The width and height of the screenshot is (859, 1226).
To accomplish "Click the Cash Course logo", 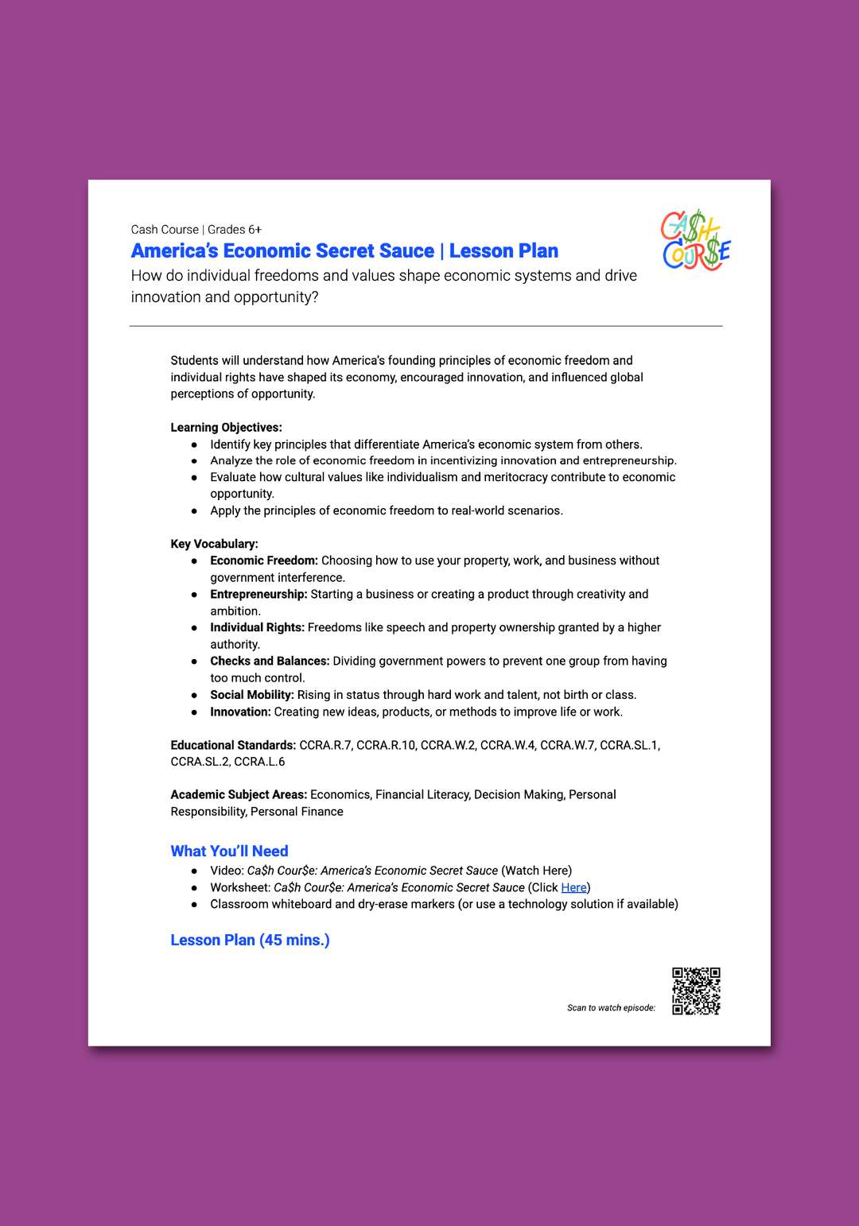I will [695, 240].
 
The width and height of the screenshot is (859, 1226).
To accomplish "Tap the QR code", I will [696, 991].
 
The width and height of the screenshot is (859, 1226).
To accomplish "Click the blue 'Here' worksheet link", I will [573, 887].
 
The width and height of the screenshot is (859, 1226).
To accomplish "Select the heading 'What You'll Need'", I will [229, 851].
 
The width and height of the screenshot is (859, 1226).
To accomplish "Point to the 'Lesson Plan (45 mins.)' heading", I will [250, 940].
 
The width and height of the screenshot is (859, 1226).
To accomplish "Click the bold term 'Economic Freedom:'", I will [263, 561].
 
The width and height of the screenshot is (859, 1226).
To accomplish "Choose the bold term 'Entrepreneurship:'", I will [258, 594].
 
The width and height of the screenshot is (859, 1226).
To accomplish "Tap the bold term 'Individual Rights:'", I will [257, 627].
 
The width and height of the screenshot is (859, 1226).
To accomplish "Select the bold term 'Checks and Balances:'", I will [270, 661].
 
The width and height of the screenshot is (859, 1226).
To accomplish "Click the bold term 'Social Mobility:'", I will [252, 695].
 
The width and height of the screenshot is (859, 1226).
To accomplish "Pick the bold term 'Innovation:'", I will [240, 712].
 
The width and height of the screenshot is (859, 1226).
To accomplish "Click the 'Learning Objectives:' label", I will [226, 427].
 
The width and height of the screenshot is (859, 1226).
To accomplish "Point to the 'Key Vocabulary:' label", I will [214, 544].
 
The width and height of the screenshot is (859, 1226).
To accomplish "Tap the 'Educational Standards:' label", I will [233, 745].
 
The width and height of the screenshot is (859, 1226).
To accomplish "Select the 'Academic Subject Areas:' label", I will [239, 794].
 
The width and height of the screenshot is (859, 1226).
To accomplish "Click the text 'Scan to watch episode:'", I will [611, 1007].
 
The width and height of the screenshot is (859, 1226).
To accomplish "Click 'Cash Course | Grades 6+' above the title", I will [196, 230].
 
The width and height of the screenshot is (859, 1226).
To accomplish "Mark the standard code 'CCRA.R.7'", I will [325, 745].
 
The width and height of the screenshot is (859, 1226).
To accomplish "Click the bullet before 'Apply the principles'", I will [194, 510].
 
